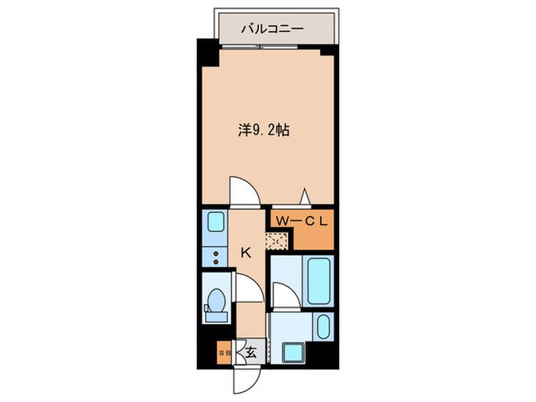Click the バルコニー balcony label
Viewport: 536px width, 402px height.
pyautogui.click(x=272, y=29)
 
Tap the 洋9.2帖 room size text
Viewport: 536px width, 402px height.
pyautogui.click(x=264, y=130)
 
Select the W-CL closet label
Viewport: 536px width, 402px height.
pyautogui.click(x=302, y=221)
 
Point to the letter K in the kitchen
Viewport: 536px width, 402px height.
pyautogui.click(x=246, y=253)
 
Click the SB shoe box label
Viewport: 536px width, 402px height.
pyautogui.click(x=225, y=352)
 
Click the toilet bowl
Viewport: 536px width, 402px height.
pyautogui.click(x=216, y=300)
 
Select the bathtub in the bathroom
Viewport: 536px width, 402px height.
pyautogui.click(x=319, y=281)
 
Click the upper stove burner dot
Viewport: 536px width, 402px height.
pyautogui.click(x=216, y=253)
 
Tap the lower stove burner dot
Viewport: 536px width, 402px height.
pyautogui.click(x=216, y=262)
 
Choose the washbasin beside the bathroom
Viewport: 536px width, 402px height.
pyautogui.click(x=323, y=327)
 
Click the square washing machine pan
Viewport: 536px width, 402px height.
pyautogui.click(x=293, y=352)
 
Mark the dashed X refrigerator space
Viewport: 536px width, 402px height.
pyautogui.click(x=276, y=241)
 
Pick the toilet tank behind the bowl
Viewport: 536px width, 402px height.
pyautogui.click(x=216, y=316)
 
